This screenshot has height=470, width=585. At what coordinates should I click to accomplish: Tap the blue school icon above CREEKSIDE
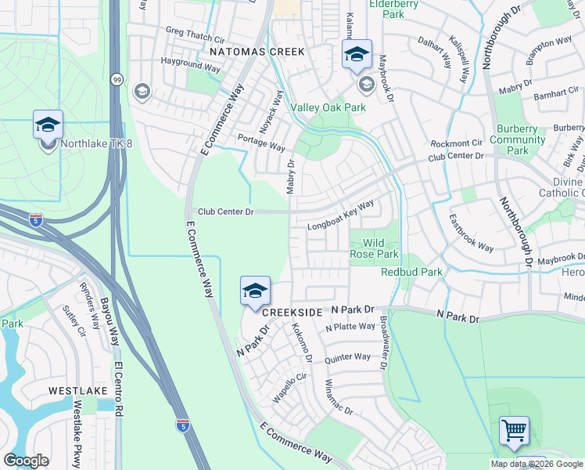click(x=255, y=291)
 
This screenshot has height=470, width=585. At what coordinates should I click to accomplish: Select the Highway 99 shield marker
click(x=117, y=79)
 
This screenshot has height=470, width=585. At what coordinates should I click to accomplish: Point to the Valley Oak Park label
click(x=328, y=107)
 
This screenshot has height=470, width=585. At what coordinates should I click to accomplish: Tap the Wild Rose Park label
click(x=374, y=248)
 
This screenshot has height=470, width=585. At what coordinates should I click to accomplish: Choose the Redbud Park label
click(x=411, y=272)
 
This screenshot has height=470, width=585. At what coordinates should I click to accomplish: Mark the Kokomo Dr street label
click(x=302, y=342)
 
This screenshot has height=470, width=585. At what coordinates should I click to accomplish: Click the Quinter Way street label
click(x=347, y=356)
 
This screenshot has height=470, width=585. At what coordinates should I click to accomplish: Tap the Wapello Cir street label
click(x=287, y=389)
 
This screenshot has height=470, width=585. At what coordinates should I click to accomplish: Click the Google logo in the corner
click(x=26, y=461)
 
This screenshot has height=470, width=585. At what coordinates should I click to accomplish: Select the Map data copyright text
click(x=536, y=464)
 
